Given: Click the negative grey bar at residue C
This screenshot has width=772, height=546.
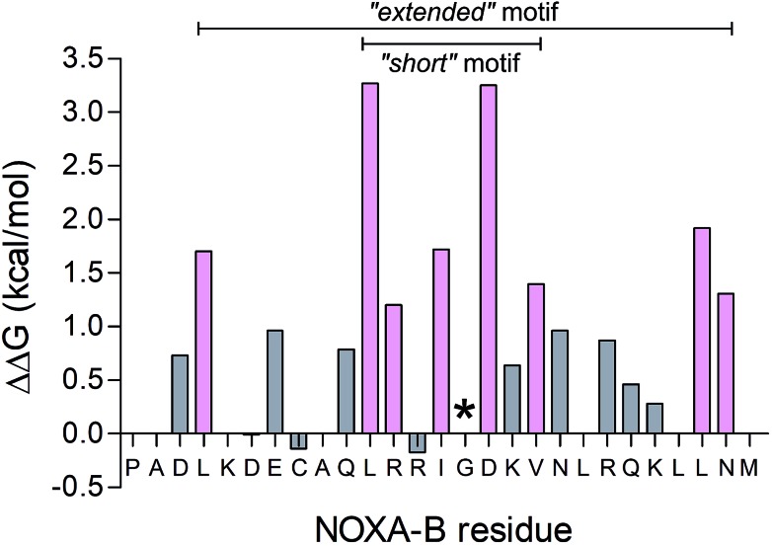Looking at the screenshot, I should click(x=299, y=441).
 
